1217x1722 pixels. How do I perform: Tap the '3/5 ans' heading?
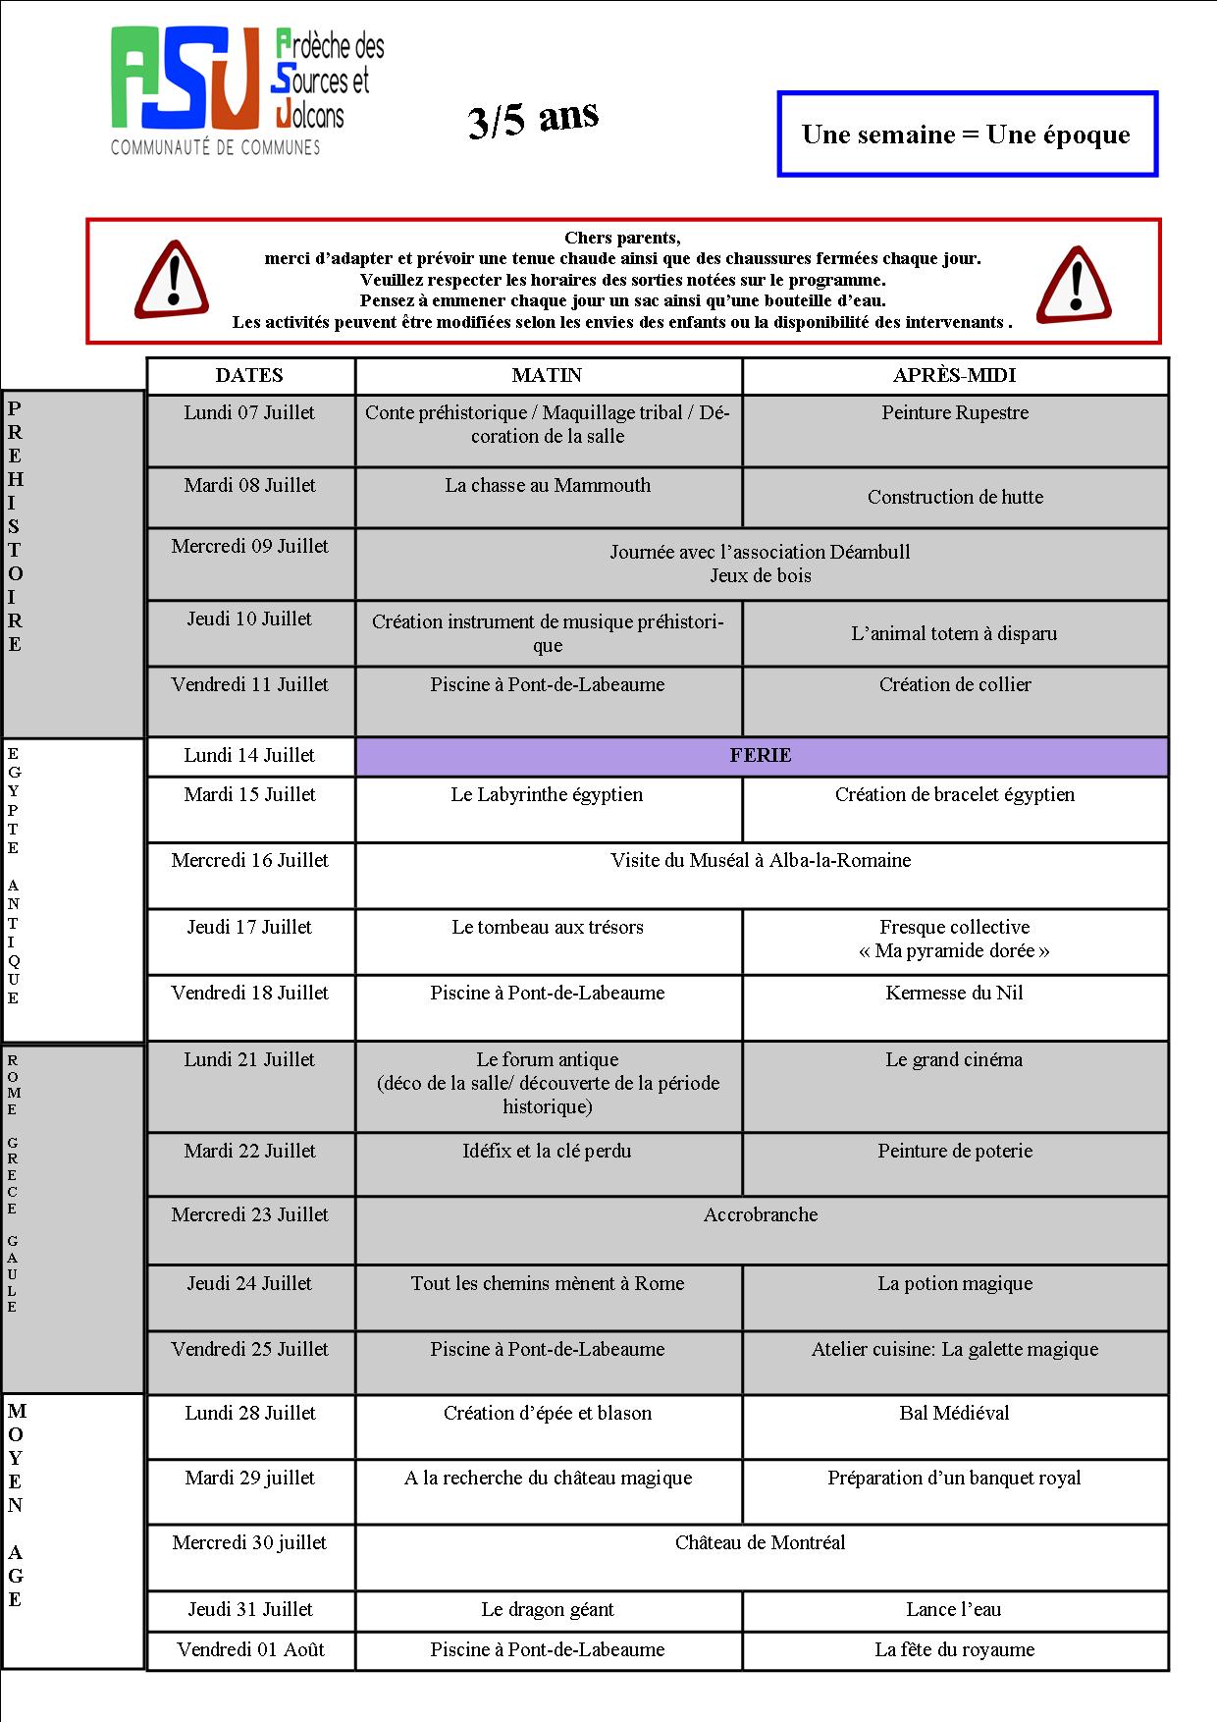(x=533, y=120)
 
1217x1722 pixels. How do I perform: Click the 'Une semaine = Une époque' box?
(x=967, y=135)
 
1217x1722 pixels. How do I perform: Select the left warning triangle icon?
(x=172, y=281)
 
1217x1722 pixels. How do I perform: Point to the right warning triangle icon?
(x=1074, y=285)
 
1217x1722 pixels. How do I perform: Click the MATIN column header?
(x=547, y=376)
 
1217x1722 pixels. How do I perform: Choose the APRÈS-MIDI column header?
(x=954, y=376)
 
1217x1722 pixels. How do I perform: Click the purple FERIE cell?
(x=761, y=756)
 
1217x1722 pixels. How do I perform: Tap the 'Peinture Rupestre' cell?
(x=955, y=413)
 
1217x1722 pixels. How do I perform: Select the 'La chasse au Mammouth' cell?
(x=548, y=486)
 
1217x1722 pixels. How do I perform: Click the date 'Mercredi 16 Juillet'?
(x=250, y=861)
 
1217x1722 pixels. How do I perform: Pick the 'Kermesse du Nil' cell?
(x=954, y=994)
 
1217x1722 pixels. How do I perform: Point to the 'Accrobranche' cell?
(x=761, y=1215)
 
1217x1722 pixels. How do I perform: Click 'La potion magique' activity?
(x=955, y=1284)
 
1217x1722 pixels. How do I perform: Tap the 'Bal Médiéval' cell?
(x=954, y=1414)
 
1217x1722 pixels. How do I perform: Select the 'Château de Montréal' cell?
(x=761, y=1543)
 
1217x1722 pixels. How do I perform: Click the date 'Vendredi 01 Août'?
(x=250, y=1650)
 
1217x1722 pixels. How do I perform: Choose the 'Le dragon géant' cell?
(x=548, y=1610)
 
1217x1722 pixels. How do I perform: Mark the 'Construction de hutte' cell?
(x=955, y=498)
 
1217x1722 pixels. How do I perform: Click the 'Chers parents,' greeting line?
(x=622, y=238)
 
